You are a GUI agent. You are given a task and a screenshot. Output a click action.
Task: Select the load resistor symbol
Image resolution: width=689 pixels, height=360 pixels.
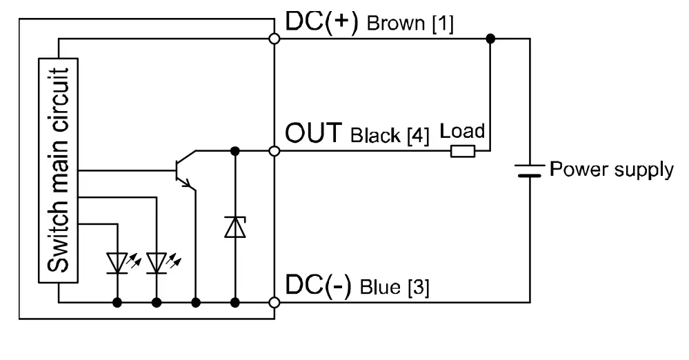(x=462, y=150)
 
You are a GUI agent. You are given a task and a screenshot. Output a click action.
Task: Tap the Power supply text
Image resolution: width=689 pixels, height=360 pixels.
(x=611, y=169)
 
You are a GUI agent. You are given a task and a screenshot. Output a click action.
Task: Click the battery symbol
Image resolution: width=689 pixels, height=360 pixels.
(x=530, y=170)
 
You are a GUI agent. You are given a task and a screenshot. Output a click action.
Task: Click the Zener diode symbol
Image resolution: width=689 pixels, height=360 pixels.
(x=235, y=226)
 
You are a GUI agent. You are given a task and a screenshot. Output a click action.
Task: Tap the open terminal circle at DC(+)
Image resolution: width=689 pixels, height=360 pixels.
(x=274, y=39)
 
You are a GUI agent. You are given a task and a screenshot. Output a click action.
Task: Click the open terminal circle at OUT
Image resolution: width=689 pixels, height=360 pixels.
(x=274, y=150)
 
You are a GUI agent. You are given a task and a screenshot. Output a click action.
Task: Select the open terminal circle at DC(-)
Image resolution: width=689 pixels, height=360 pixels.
(x=274, y=302)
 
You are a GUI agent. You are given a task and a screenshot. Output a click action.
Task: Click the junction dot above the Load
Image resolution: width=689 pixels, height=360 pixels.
(x=490, y=39)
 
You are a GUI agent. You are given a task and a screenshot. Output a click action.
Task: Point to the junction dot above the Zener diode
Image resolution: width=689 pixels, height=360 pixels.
(x=235, y=150)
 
